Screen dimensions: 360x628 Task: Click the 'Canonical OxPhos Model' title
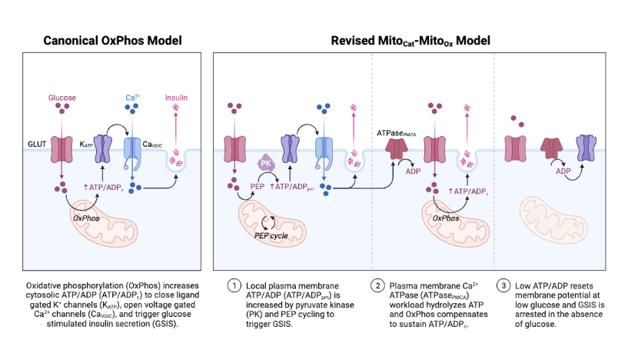point(112,40)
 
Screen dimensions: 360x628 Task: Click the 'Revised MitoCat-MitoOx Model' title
point(410,40)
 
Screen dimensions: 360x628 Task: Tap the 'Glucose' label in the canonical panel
point(62,98)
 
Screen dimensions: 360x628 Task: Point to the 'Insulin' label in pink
point(176,98)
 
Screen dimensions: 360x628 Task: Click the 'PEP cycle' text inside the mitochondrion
point(271,235)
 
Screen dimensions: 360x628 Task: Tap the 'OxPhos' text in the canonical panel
point(88,218)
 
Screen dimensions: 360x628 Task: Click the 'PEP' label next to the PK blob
point(258,186)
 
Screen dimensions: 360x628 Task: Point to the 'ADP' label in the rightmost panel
point(566,173)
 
